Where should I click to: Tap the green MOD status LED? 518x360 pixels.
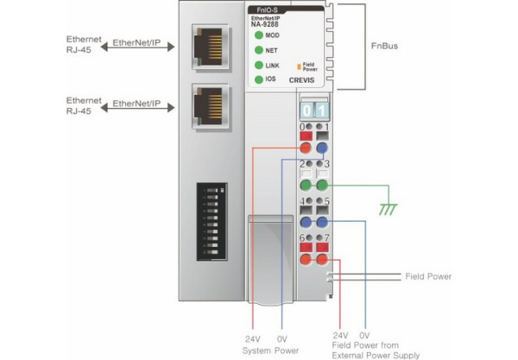click(258, 36)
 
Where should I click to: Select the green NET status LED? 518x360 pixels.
click(258, 51)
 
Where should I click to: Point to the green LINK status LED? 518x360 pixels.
click(258, 66)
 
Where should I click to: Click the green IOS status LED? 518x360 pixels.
click(258, 79)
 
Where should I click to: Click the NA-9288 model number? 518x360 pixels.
click(263, 24)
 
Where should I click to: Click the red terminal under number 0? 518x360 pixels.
click(306, 148)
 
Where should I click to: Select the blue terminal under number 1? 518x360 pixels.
click(321, 148)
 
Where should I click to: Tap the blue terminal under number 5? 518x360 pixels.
click(321, 221)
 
